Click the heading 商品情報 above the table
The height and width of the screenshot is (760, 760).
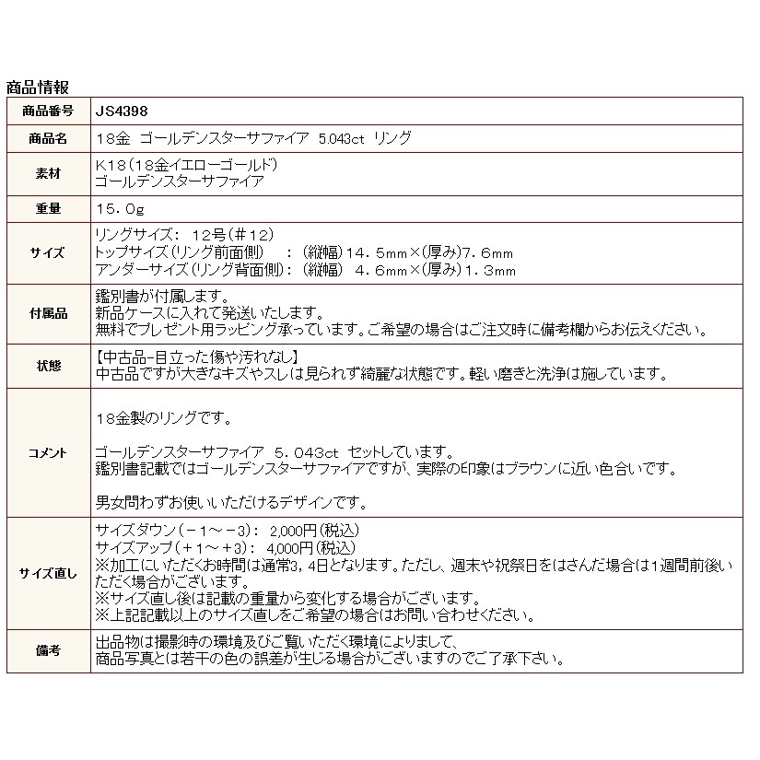point(37,88)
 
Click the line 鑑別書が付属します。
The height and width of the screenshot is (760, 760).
point(161,297)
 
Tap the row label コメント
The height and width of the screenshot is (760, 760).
point(48,452)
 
